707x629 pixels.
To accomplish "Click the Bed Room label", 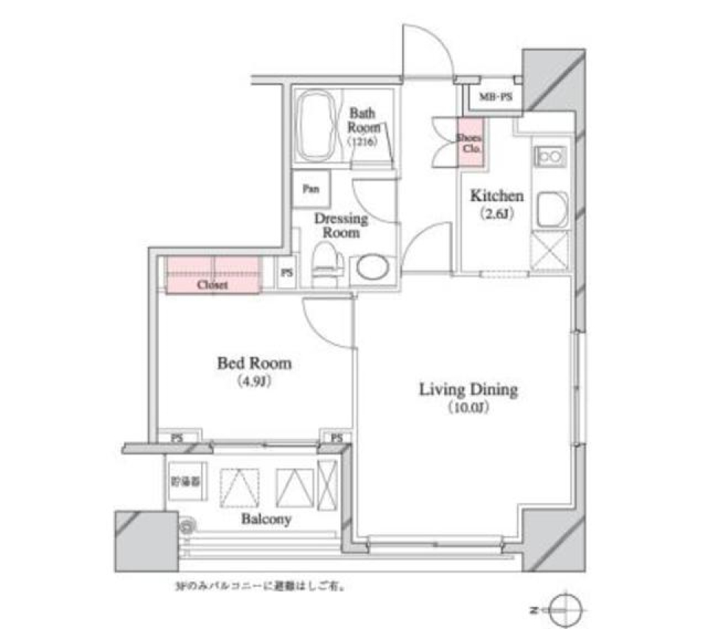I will click(x=254, y=363).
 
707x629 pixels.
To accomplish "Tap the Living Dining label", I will click(x=468, y=390).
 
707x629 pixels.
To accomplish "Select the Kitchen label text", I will click(x=497, y=197).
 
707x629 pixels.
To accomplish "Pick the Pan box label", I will click(x=310, y=189).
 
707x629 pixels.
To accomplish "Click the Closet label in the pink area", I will click(x=212, y=284).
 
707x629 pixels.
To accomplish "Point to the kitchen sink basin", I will click(x=552, y=209).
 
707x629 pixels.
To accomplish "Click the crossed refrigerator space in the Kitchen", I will click(x=549, y=251).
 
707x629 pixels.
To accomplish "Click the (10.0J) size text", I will click(x=468, y=407).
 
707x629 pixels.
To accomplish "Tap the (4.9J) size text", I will click(x=253, y=381).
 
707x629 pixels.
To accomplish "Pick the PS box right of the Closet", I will click(x=286, y=273).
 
